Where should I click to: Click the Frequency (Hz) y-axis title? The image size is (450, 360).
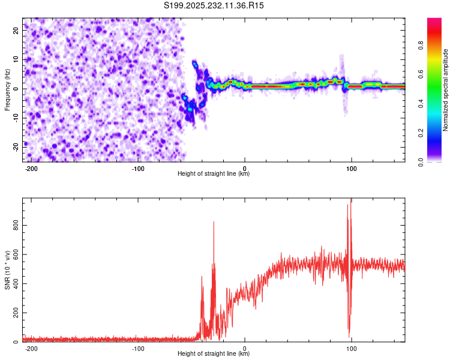(7, 89)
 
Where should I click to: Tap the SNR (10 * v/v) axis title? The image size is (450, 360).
(7, 270)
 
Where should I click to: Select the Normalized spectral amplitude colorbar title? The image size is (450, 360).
(446, 90)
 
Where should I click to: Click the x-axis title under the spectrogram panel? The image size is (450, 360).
(214, 174)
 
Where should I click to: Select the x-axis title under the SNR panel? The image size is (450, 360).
(214, 354)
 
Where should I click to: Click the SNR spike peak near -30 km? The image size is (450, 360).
(214, 222)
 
